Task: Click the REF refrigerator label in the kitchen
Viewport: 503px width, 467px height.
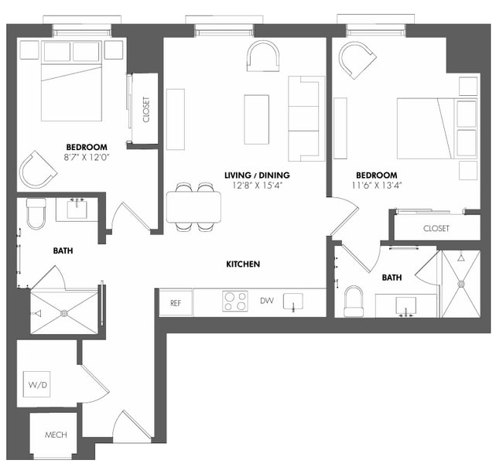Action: pyautogui.click(x=176, y=302)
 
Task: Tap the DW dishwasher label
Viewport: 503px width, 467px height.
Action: pyautogui.click(x=266, y=301)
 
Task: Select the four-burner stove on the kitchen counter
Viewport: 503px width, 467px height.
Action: pyautogui.click(x=235, y=301)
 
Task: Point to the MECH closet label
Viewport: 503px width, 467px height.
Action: pyautogui.click(x=55, y=435)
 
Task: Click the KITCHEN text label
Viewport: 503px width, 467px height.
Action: pyautogui.click(x=242, y=264)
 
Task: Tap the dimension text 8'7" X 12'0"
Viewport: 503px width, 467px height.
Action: pyautogui.click(x=87, y=158)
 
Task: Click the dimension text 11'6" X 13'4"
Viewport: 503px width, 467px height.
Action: pyautogui.click(x=377, y=186)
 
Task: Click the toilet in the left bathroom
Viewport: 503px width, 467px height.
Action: pyautogui.click(x=37, y=213)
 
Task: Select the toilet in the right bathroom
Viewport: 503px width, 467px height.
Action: pyautogui.click(x=354, y=301)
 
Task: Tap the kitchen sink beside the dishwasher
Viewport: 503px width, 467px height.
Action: pyautogui.click(x=293, y=301)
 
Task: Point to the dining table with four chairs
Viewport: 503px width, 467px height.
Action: pyautogui.click(x=193, y=206)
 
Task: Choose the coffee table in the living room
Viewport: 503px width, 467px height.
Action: pyautogui.click(x=256, y=118)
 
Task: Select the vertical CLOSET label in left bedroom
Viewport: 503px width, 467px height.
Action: pyautogui.click(x=145, y=109)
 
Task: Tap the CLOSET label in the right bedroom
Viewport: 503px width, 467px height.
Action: pyautogui.click(x=436, y=228)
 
